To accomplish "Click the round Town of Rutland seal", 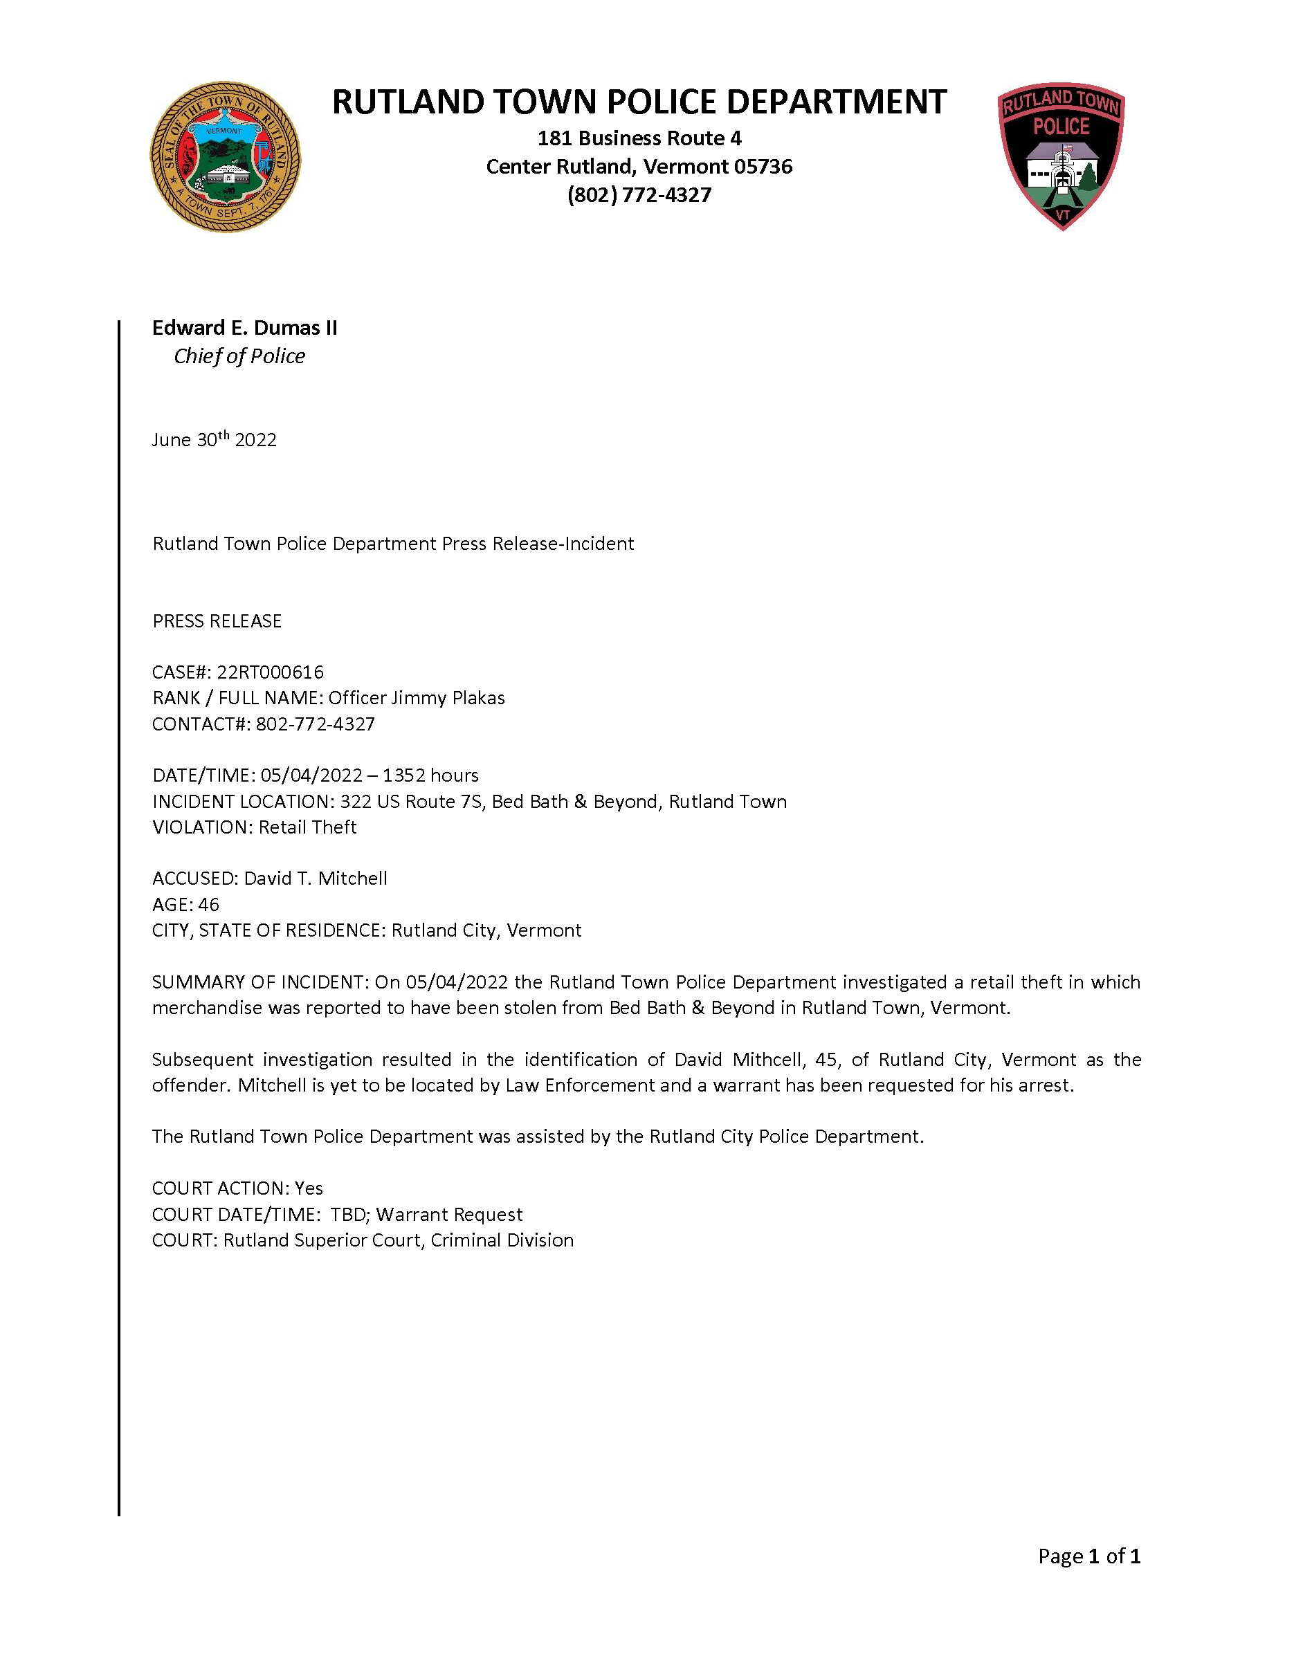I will [x=225, y=156].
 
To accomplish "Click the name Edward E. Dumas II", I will [x=244, y=327].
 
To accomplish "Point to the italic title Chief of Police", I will [x=239, y=356].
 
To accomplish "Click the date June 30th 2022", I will [x=214, y=439].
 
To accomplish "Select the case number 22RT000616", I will [x=270, y=672].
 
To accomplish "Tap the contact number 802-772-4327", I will [x=315, y=724].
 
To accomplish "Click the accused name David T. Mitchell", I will [x=315, y=879].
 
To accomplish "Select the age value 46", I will [x=208, y=905].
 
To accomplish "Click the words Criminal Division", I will [x=502, y=1240].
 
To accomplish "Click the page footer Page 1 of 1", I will [x=1088, y=1556].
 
